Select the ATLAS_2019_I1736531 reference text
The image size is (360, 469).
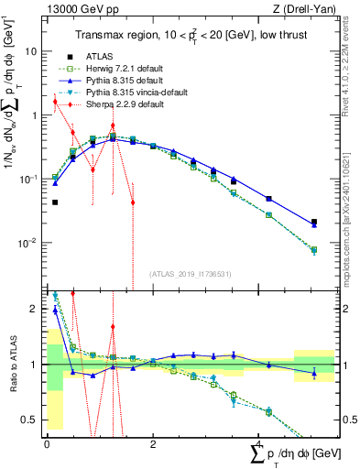(188, 274)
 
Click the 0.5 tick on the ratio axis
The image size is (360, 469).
(31, 420)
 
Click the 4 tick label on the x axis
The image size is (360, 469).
(258, 443)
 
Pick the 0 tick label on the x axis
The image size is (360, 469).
(47, 443)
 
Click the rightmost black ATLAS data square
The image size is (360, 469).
(314, 222)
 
